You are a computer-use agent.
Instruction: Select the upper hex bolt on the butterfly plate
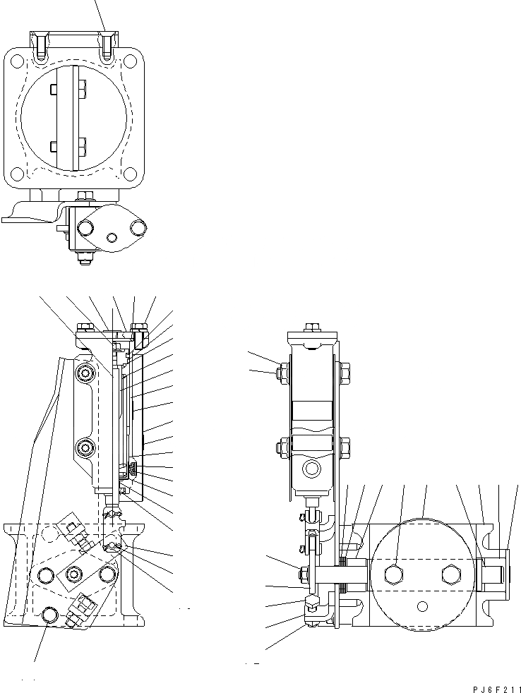(83, 89)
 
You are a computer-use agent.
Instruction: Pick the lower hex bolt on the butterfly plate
(83, 147)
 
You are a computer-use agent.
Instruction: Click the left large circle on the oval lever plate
(86, 227)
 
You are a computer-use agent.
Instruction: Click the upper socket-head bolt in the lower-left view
(87, 373)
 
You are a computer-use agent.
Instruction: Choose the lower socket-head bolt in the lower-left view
(87, 447)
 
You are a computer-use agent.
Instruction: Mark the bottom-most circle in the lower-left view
(49, 615)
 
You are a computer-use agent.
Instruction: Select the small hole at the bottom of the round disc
(423, 605)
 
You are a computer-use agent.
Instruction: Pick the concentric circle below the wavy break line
(310, 469)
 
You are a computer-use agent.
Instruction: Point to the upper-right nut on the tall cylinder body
(345, 370)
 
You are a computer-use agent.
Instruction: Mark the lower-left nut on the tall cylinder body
(282, 446)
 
